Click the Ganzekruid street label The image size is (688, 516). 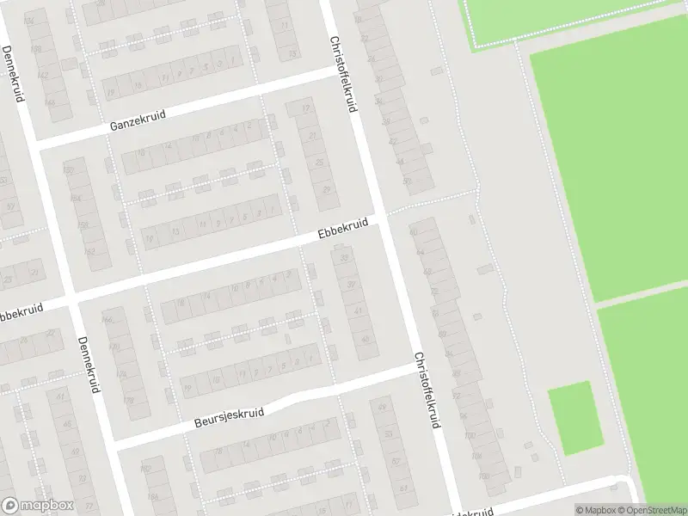pos(138,120)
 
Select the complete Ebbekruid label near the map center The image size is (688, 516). pos(342,229)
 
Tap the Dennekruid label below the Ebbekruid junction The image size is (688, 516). pos(88,364)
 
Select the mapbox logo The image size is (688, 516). pos(37,506)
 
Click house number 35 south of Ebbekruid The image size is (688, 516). pos(344,257)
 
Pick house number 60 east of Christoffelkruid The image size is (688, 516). pos(413,232)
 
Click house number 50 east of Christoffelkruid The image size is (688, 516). pos(406,181)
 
